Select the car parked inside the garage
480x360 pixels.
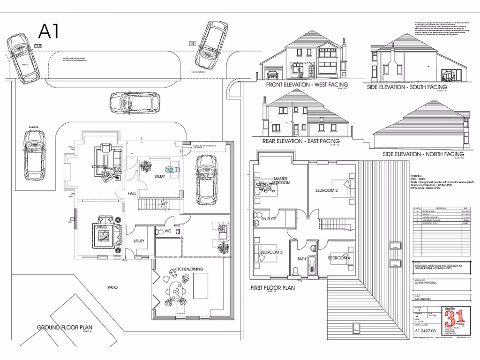[x=206, y=180]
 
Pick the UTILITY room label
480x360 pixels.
[x=139, y=241]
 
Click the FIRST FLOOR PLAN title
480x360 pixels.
[x=272, y=288]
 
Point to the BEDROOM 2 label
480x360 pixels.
[x=326, y=191]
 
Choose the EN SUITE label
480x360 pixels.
[x=268, y=219]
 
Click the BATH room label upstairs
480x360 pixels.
[x=301, y=259]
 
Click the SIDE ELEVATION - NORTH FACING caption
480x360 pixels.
[x=423, y=154]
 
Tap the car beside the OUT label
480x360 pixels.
[x=22, y=58]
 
